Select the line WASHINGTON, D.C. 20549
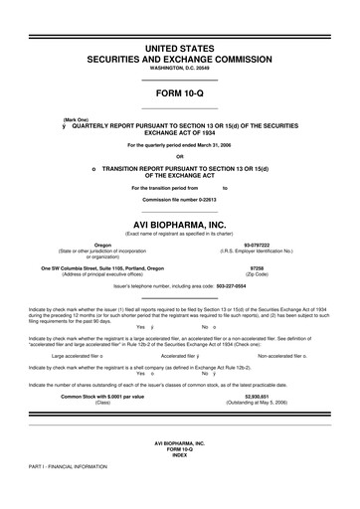(180, 69)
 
